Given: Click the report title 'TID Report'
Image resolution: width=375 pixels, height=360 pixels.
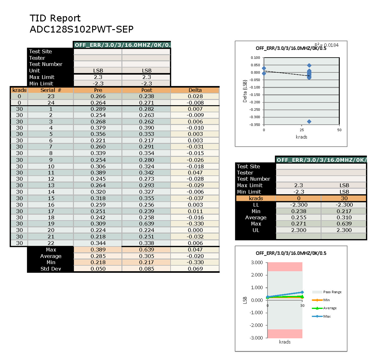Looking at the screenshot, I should [55, 18].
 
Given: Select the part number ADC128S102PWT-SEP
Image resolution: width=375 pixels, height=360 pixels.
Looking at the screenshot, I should [82, 29].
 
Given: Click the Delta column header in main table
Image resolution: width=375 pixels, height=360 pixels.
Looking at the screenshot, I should [195, 90].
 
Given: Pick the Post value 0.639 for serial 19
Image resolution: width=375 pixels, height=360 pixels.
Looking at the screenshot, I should [147, 224].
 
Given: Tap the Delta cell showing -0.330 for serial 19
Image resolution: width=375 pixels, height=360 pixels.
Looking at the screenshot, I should [195, 224].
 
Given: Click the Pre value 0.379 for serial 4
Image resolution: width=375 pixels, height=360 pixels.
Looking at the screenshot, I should [98, 128].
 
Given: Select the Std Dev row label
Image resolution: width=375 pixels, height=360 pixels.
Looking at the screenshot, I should [51, 269].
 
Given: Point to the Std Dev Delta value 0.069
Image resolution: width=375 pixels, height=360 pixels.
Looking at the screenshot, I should [195, 269].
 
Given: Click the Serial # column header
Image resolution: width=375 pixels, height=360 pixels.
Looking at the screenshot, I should [51, 90].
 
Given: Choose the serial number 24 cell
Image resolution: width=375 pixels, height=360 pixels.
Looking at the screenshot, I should [51, 103].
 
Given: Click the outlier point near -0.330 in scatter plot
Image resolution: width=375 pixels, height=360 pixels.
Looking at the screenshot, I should [309, 122].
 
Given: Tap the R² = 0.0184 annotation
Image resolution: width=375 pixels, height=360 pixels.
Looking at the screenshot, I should [326, 45].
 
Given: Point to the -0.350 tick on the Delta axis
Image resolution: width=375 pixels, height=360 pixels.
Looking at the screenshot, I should [255, 125].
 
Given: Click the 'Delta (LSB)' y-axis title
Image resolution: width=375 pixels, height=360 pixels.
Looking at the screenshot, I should [245, 91].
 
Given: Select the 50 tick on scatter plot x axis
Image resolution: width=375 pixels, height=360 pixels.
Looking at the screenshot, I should [339, 130].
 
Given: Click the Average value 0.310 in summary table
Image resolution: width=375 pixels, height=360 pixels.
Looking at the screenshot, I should [344, 218].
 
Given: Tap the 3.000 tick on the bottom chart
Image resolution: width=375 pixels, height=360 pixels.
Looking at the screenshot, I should [257, 262].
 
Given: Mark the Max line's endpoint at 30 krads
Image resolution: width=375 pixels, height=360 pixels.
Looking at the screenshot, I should [302, 292].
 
